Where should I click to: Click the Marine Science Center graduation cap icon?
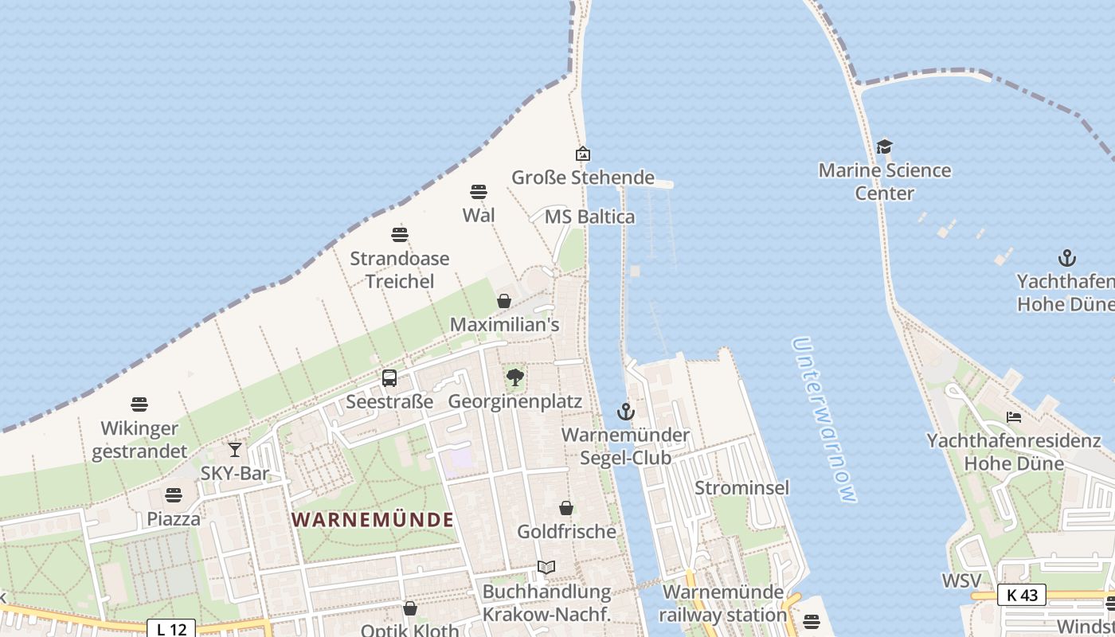pos(884,147)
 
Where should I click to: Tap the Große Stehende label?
pos(582,178)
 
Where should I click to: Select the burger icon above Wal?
pos(479,192)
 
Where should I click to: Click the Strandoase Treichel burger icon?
pos(400,235)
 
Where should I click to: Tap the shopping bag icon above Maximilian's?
pos(504,301)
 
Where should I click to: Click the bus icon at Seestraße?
pos(389,378)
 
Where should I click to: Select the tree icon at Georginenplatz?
pos(515,377)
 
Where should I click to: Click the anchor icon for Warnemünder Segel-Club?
pos(626,412)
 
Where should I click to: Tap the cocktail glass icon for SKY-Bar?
pos(235,450)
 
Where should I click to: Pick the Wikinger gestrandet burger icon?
pos(139,404)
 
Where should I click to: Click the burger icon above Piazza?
pos(174,495)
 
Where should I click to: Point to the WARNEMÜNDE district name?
pos(373,520)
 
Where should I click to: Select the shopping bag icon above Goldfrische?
pos(566,508)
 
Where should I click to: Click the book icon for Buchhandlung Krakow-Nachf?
pos(546,568)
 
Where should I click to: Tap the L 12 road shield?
pos(172,629)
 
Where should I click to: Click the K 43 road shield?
pos(1021,594)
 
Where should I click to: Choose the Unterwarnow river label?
pos(825,420)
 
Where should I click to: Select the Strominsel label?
pos(741,487)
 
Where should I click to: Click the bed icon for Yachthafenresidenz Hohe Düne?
pos(1014,417)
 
